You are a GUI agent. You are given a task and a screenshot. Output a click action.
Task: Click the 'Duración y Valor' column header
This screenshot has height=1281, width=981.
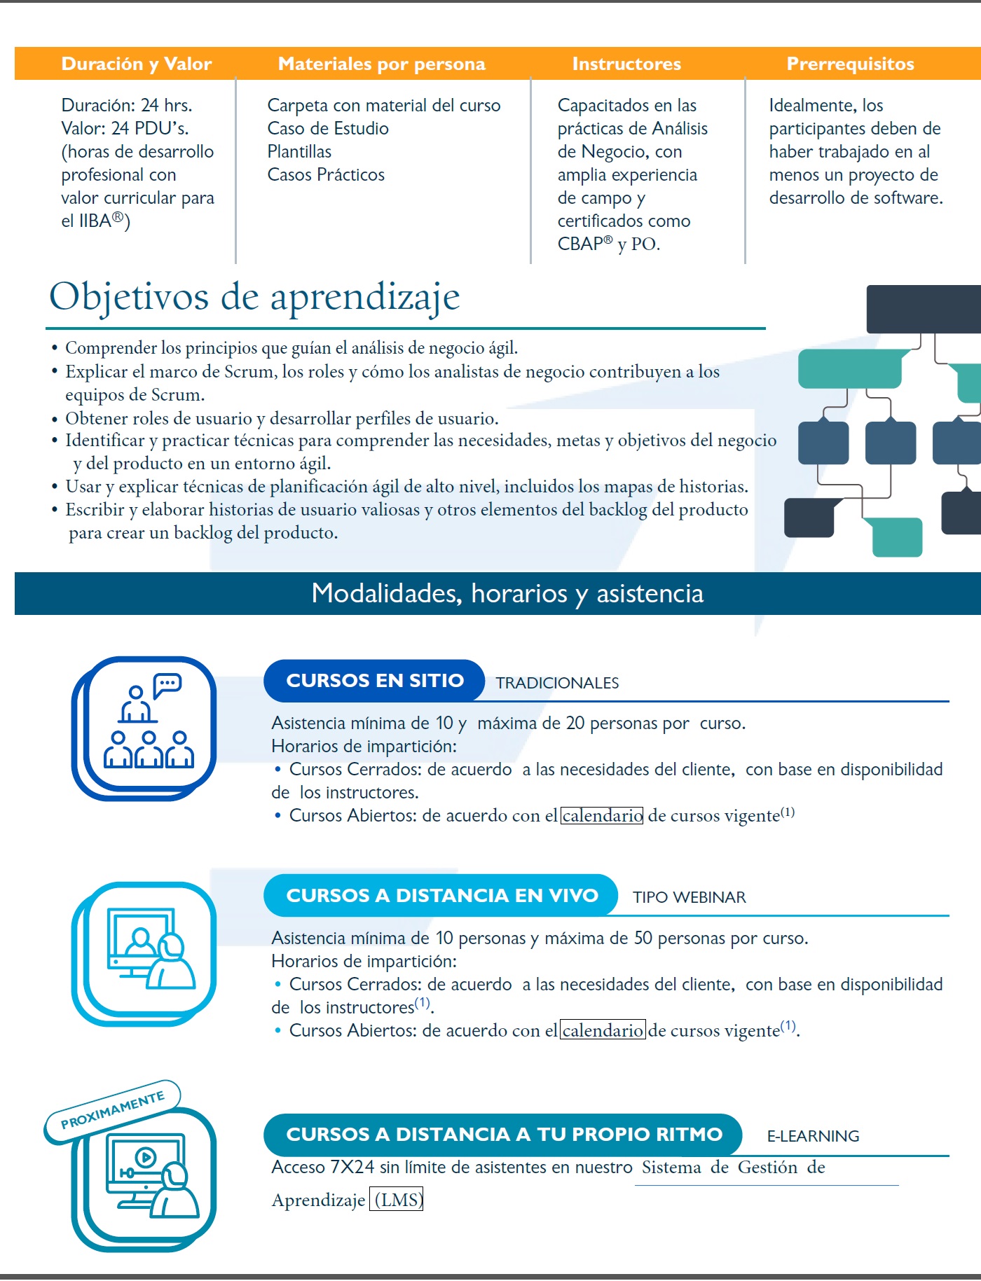click(x=137, y=64)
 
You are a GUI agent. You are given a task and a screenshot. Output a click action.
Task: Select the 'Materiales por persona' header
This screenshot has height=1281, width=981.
click(x=381, y=64)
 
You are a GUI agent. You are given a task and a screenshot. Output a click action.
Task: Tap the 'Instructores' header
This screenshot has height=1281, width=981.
click(x=626, y=64)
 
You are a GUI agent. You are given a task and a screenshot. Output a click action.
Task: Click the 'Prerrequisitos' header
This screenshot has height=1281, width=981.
click(x=850, y=64)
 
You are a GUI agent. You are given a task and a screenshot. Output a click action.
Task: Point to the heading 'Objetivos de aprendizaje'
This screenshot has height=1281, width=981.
click(x=254, y=297)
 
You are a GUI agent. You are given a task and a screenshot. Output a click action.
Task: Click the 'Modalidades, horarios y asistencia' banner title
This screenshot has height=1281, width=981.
click(x=507, y=593)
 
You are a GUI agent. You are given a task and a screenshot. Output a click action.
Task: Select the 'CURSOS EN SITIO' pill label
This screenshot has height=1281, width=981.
click(x=375, y=680)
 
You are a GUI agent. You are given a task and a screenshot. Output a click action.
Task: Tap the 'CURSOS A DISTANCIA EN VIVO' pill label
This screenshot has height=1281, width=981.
click(x=442, y=895)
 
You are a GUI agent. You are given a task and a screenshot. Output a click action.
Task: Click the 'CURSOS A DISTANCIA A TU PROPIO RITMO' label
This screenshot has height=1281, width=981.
click(x=504, y=1134)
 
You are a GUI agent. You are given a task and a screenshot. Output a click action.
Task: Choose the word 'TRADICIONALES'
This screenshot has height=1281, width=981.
click(x=557, y=683)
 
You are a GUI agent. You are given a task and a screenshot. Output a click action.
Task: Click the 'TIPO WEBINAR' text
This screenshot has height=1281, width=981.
click(x=689, y=897)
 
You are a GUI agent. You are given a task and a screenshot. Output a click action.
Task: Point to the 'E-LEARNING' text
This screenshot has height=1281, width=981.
click(x=813, y=1136)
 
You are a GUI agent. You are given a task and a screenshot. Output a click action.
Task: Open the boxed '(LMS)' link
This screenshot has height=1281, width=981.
click(x=397, y=1200)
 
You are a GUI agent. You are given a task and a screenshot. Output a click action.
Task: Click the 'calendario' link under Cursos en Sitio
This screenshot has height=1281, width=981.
click(x=602, y=815)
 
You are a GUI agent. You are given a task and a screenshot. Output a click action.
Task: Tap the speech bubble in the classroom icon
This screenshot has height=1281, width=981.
click(x=167, y=684)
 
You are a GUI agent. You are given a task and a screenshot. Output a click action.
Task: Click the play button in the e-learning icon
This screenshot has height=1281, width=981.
click(x=145, y=1156)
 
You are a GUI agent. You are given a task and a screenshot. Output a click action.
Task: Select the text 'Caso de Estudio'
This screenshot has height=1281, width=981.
click(x=328, y=128)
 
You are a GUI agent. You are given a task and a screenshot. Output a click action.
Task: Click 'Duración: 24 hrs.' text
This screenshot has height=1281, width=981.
click(x=127, y=105)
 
